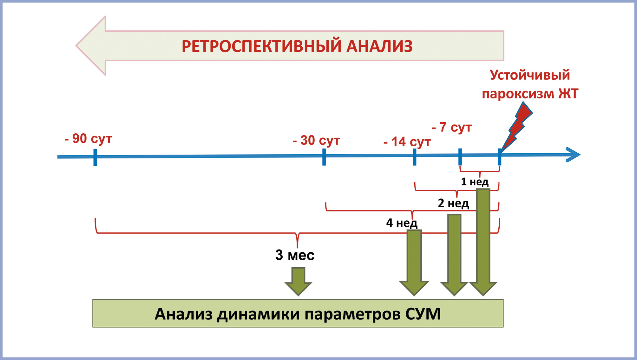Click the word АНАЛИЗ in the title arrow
[379, 46]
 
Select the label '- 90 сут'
[88, 139]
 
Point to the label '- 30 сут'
[316, 140]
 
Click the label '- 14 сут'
[407, 142]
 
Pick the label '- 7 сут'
[452, 128]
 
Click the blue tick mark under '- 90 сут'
[95, 157]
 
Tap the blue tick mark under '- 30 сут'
[324, 157]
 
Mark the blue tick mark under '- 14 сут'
[415, 157]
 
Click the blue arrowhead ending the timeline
[573, 155]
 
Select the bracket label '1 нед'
[475, 182]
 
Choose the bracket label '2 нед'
[453, 203]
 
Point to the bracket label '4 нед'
[402, 223]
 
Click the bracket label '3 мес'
[295, 255]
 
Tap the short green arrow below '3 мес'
[298, 282]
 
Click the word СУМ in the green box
[423, 314]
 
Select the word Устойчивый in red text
[530, 75]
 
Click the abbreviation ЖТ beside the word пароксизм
[568, 94]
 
